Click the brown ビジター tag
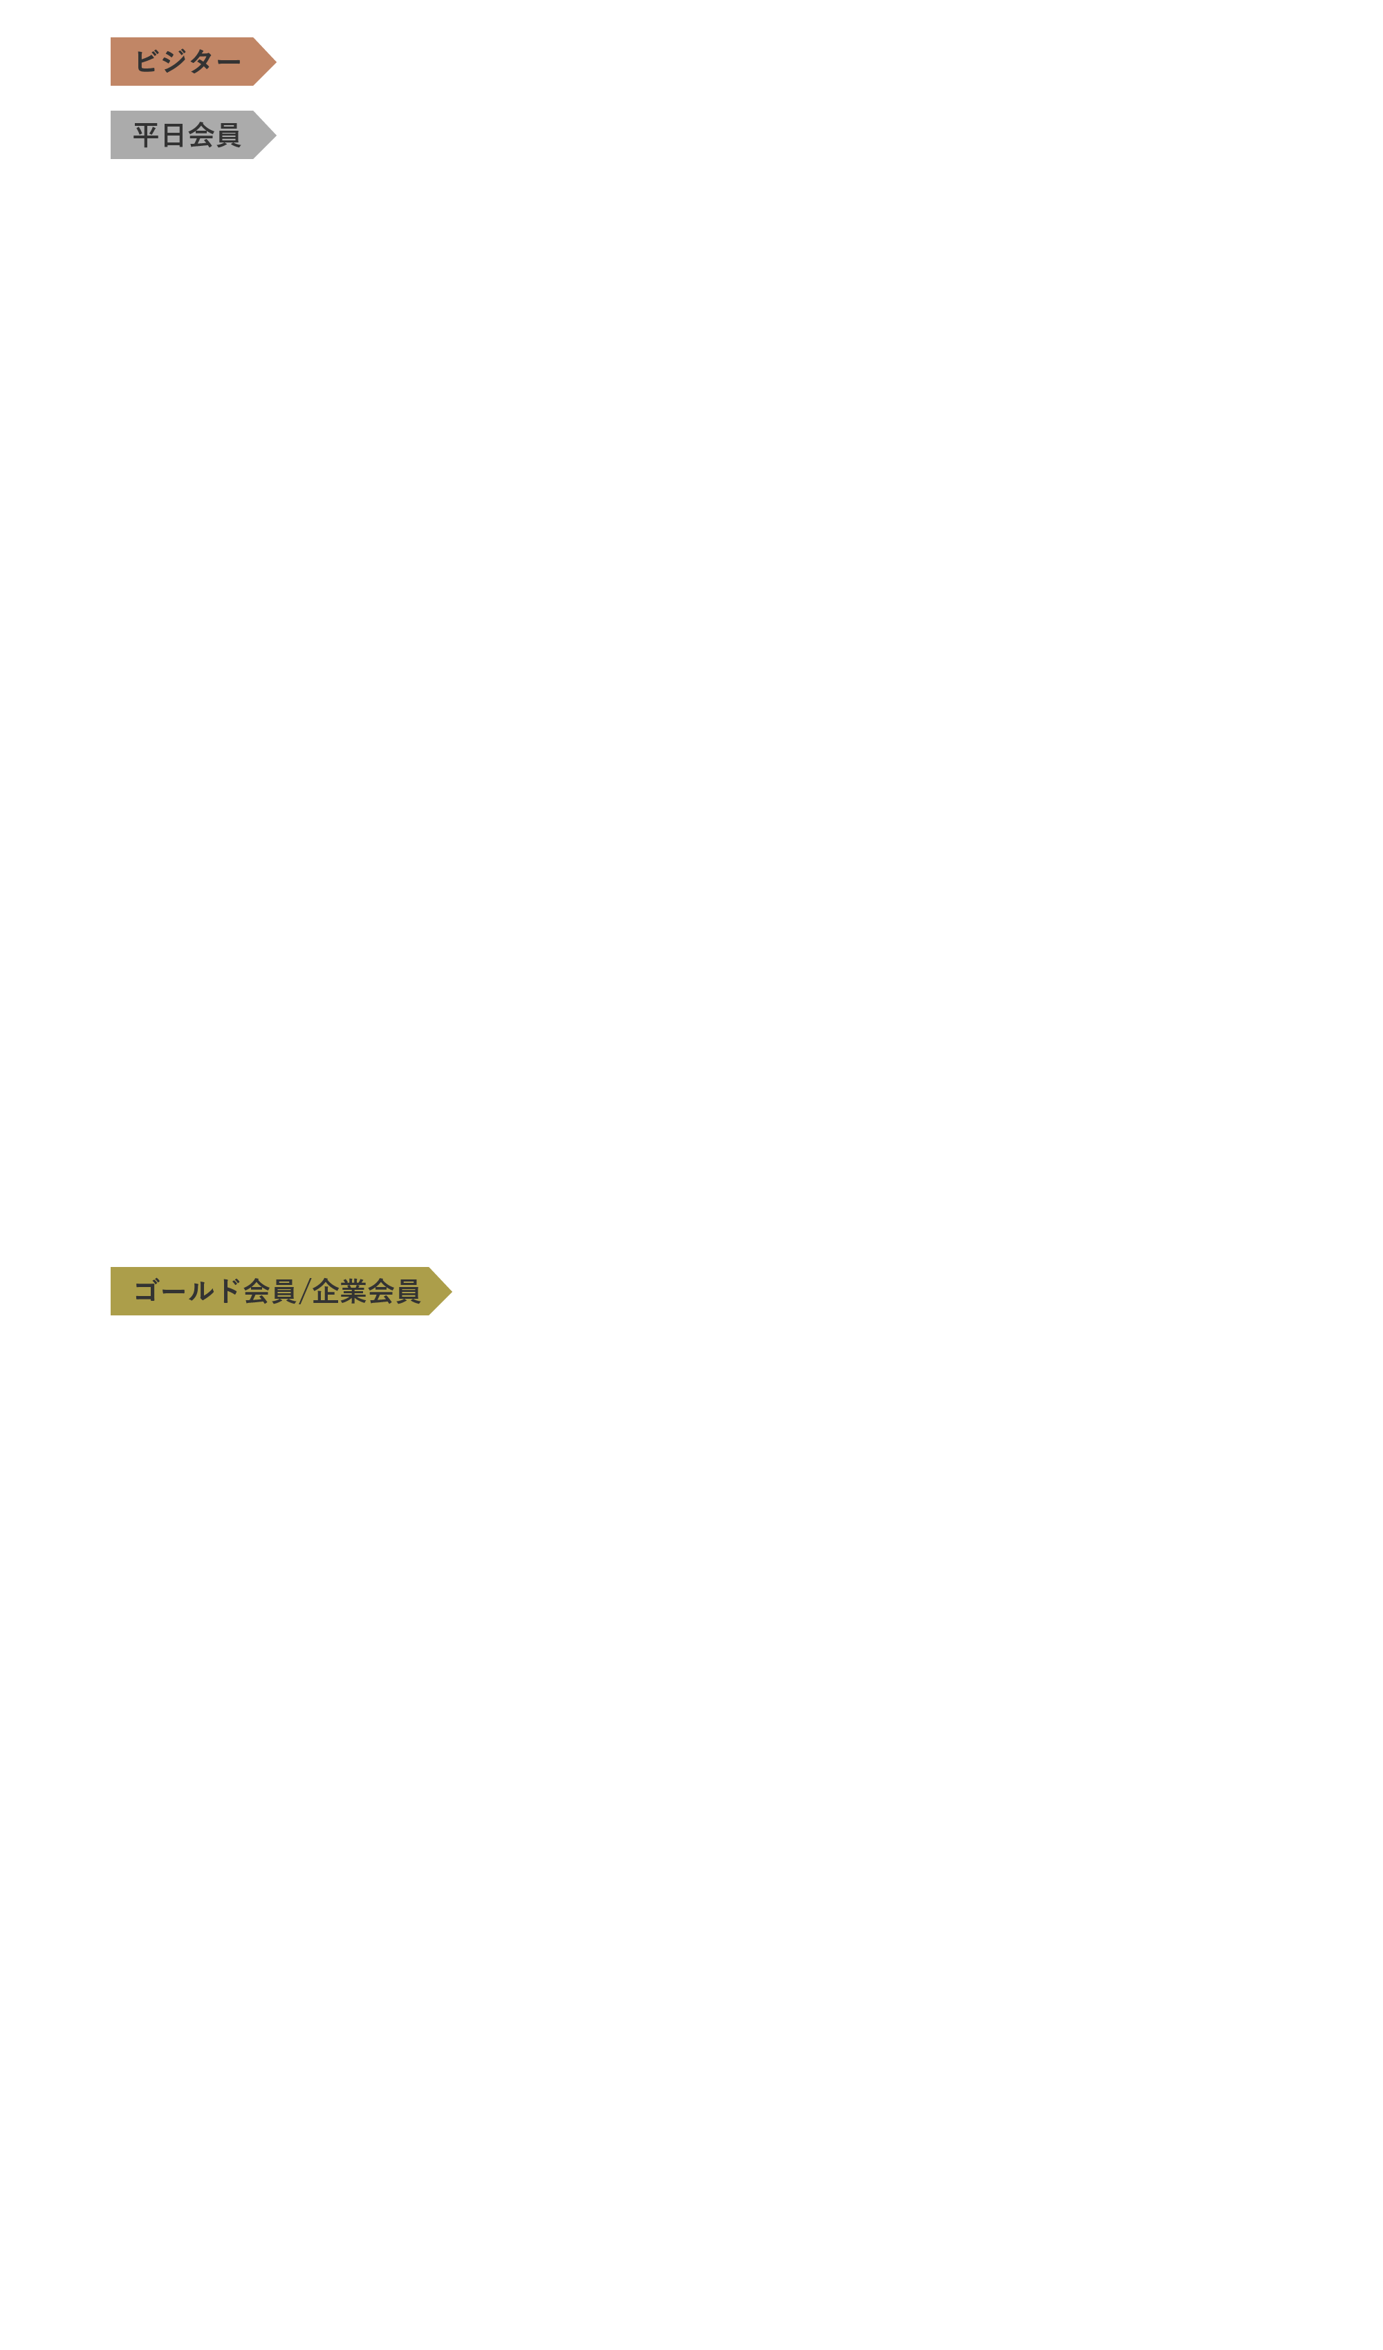point(193,62)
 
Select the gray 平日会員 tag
point(193,136)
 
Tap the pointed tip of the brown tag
point(276,62)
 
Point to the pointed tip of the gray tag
point(276,136)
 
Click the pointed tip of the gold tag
point(452,1292)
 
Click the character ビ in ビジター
point(147,62)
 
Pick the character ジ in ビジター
point(174,62)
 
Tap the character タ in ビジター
point(201,62)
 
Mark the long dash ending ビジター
point(228,62)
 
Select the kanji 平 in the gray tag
point(147,136)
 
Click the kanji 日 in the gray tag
point(174,136)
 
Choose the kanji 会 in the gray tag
point(201,136)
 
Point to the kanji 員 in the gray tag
point(228,136)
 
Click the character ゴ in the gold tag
point(147,1292)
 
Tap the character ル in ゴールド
point(201,1292)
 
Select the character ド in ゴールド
point(228,1292)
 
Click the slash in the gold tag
point(304,1292)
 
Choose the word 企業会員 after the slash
point(366,1292)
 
